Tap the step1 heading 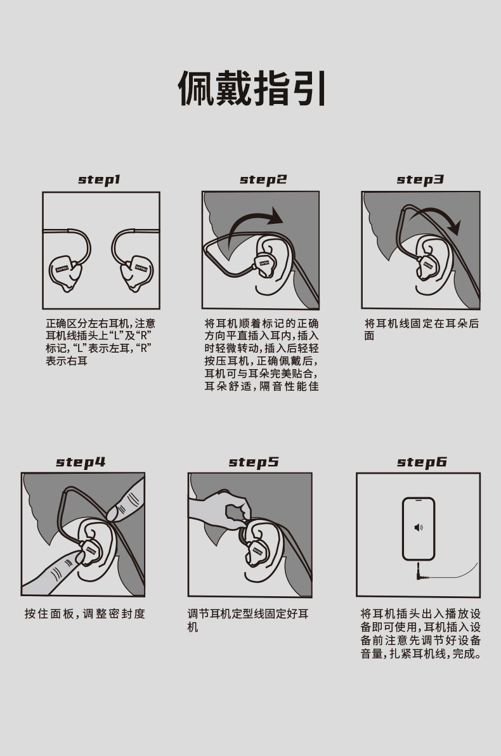click(x=100, y=180)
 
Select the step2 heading click(x=263, y=180)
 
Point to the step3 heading click(x=420, y=180)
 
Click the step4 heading click(x=81, y=462)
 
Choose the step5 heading click(x=254, y=462)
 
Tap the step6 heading click(x=422, y=462)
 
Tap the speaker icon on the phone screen click(x=419, y=528)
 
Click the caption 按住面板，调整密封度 click(x=84, y=614)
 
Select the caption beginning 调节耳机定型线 click(x=248, y=620)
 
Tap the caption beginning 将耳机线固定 click(x=422, y=329)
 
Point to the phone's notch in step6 click(x=419, y=500)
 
